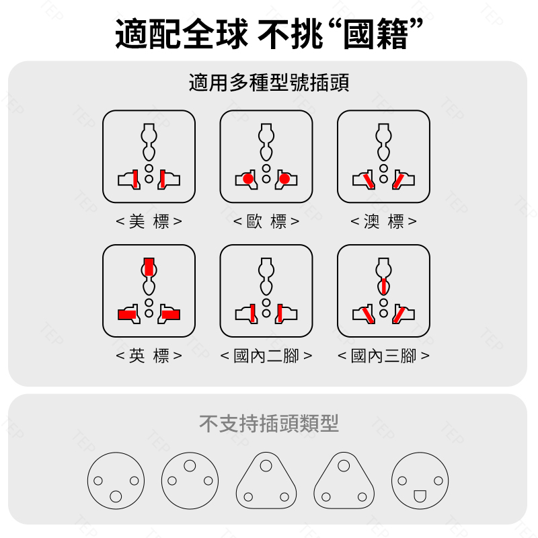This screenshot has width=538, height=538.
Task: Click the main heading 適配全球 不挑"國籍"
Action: point(270,34)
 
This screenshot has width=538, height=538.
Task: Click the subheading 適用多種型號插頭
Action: point(269,83)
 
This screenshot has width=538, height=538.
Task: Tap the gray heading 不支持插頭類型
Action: point(269,424)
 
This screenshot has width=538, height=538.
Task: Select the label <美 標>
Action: point(149,221)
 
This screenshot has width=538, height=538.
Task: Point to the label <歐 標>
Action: point(266,221)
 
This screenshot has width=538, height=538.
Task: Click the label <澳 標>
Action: point(383,221)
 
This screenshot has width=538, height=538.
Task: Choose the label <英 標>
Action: point(149,356)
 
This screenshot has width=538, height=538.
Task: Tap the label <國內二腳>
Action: point(266,356)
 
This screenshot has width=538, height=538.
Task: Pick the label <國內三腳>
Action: point(383,356)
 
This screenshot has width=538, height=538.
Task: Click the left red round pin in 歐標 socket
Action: point(248,179)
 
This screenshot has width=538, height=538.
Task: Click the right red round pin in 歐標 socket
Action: point(284,179)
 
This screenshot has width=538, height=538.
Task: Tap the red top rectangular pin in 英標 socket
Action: point(149,266)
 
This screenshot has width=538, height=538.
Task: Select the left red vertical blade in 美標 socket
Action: point(136,179)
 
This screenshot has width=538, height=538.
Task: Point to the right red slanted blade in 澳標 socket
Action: point(398,181)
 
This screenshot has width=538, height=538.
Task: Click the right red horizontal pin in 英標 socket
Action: point(171,315)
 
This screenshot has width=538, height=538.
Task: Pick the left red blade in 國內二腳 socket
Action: point(253,313)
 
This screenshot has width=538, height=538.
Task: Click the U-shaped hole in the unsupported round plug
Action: point(420,496)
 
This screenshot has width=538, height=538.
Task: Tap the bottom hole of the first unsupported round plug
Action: point(116,496)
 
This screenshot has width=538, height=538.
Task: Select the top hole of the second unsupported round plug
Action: point(190,465)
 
